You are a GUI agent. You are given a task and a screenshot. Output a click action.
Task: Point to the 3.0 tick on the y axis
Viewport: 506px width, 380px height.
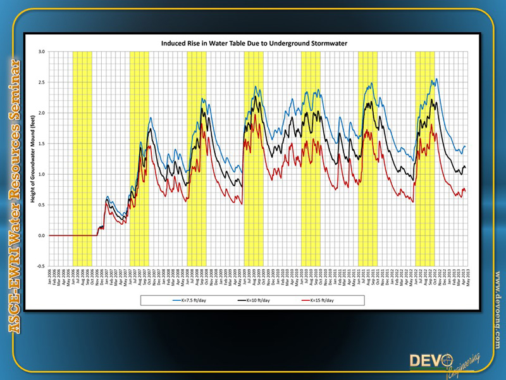tap(41, 51)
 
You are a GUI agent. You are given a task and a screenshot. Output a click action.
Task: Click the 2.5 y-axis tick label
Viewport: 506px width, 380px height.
tap(41, 82)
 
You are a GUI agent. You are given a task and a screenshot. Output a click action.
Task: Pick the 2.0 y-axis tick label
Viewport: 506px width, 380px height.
tap(41, 113)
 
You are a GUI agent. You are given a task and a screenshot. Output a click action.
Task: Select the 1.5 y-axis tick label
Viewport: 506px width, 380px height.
tap(41, 144)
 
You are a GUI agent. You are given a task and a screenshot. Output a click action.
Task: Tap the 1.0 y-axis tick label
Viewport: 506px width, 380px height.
tap(41, 174)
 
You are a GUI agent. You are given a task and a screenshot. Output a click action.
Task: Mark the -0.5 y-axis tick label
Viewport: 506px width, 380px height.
tap(40, 266)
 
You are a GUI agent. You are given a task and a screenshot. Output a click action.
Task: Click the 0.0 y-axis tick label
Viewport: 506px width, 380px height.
tap(41, 236)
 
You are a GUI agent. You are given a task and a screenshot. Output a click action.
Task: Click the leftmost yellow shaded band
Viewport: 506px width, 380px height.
tap(82, 158)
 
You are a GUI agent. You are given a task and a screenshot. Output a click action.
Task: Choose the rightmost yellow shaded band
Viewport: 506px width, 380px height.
tap(424, 158)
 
